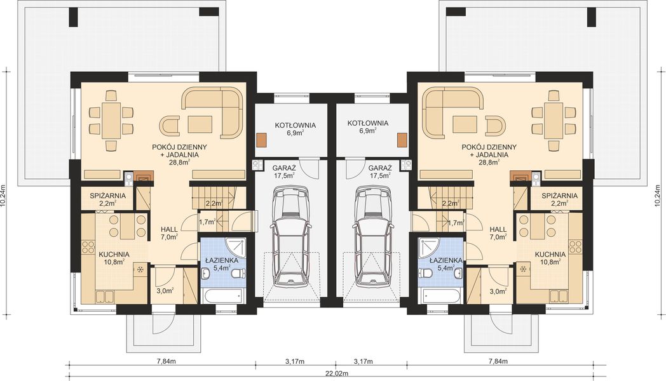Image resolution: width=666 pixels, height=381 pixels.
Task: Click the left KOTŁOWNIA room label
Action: click(295, 125)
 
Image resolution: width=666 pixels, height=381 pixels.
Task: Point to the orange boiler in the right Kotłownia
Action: click(402, 139)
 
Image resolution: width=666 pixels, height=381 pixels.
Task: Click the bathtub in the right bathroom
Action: click(442, 296)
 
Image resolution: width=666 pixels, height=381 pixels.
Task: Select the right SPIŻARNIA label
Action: click(559, 196)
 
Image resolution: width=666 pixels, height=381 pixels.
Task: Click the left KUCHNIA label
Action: click(114, 255)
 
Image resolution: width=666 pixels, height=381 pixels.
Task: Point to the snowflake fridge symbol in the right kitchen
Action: click(524, 269)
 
